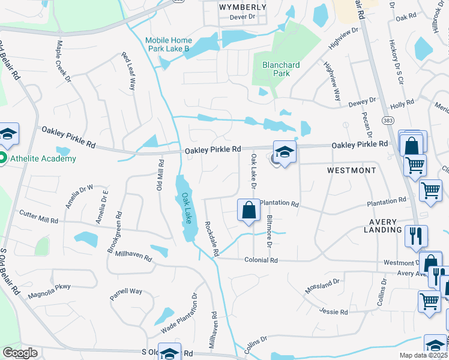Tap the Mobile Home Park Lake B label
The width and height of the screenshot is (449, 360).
click(x=167, y=45)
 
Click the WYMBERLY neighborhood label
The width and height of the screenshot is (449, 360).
click(x=243, y=7)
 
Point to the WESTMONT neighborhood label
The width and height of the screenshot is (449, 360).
click(x=351, y=170)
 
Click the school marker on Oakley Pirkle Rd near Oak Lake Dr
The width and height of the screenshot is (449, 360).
click(x=285, y=152)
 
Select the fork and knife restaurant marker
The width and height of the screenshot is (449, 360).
click(x=416, y=236)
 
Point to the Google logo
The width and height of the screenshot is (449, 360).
click(x=20, y=353)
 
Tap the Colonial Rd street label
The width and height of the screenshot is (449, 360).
click(x=261, y=260)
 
